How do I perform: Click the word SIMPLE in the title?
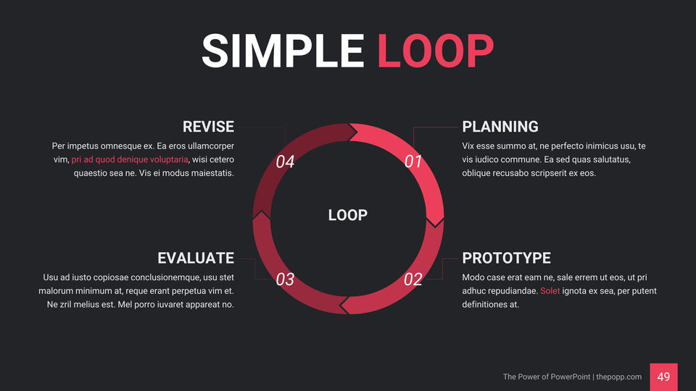(x=283, y=51)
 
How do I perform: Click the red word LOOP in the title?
(x=436, y=51)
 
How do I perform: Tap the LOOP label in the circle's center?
(x=347, y=215)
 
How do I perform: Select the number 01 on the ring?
(x=413, y=161)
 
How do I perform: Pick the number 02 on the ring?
(x=413, y=279)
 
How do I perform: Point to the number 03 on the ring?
(x=285, y=279)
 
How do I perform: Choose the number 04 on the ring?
(x=285, y=161)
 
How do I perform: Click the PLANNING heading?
(x=500, y=127)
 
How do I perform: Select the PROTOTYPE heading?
(x=507, y=258)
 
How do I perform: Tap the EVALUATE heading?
(x=196, y=258)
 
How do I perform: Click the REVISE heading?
(x=208, y=127)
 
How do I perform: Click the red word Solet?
(x=550, y=291)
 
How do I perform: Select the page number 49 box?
(x=663, y=377)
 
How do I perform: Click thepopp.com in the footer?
(x=618, y=377)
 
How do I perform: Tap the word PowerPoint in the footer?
(x=570, y=377)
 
